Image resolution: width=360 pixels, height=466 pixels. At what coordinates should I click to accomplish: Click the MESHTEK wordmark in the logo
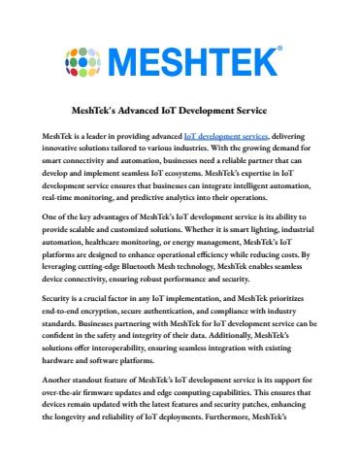click(x=204, y=60)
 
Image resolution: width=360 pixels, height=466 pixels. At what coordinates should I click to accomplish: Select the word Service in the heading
click(x=267, y=109)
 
